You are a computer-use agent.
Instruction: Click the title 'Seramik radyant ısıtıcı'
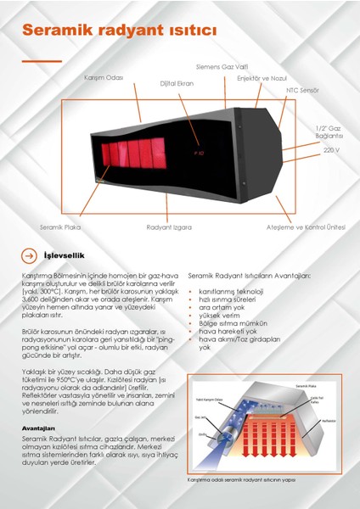pyautogui.click(x=120, y=31)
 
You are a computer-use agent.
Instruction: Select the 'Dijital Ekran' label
pyautogui.click(x=177, y=84)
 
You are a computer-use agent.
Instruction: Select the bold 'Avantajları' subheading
pyautogui.click(x=39, y=428)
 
